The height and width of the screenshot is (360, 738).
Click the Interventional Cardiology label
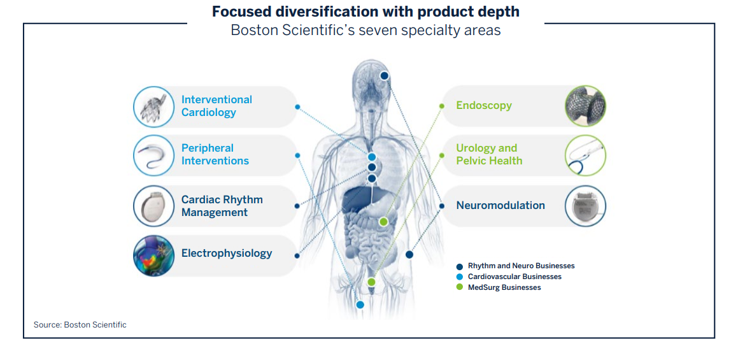tap(216, 106)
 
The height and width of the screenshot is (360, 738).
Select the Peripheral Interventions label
tap(215, 154)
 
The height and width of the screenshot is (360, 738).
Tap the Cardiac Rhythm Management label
tap(222, 206)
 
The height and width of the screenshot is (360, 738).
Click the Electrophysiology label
tap(226, 253)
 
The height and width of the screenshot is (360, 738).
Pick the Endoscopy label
tap(483, 105)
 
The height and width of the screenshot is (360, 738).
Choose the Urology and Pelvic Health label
tap(488, 154)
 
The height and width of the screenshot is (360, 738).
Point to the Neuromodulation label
tap(500, 205)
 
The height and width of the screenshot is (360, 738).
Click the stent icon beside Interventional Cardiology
tap(153, 106)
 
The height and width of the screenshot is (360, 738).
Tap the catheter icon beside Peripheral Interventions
tap(153, 155)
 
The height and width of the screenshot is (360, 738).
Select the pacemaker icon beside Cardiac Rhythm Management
tap(153, 206)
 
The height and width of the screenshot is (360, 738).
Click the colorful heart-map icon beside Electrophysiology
tap(153, 256)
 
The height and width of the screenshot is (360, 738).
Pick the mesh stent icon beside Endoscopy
tap(585, 106)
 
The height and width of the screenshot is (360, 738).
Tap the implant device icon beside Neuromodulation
tap(585, 206)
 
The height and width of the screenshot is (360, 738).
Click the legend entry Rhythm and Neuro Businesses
tap(520, 266)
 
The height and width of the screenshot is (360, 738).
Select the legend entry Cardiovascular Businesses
tap(514, 277)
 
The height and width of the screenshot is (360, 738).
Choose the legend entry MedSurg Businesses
tap(504, 287)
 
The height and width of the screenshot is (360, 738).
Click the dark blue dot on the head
tap(385, 76)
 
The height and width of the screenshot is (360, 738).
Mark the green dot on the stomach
tap(383, 222)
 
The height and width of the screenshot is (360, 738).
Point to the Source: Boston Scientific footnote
tap(80, 325)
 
